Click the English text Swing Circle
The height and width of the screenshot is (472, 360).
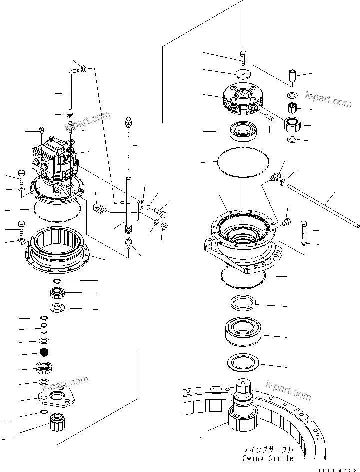(268, 458)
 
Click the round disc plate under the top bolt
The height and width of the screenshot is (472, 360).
(244, 73)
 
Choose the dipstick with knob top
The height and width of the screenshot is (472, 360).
(129, 137)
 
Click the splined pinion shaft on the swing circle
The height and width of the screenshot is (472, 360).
(244, 400)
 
